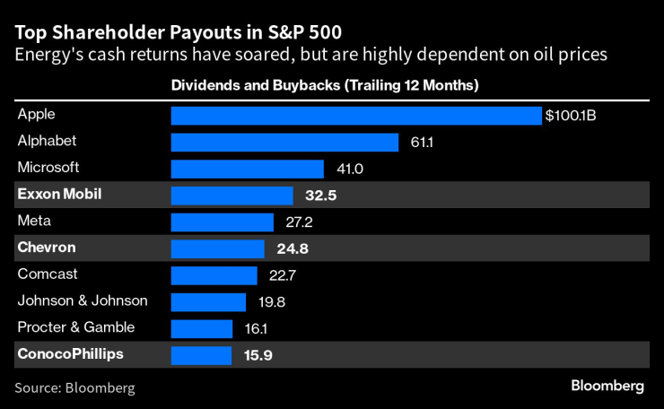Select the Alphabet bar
pyautogui.click(x=284, y=143)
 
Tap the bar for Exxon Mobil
pyautogui.click(x=232, y=196)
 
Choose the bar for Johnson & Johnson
pyautogui.click(x=208, y=302)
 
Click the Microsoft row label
pyautogui.click(x=48, y=168)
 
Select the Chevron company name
pyautogui.click(x=46, y=248)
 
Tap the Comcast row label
pyautogui.click(x=48, y=274)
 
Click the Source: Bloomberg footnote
pyautogui.click(x=74, y=387)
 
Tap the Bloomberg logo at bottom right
pyautogui.click(x=607, y=386)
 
